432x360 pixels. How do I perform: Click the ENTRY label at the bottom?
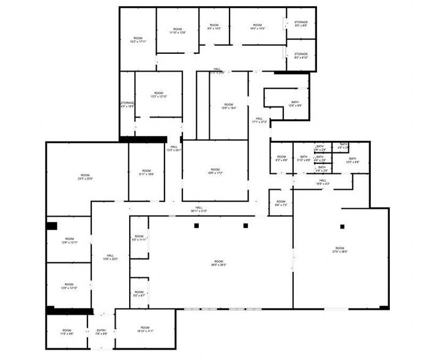[102, 332]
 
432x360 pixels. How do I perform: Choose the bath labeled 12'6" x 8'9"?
[295, 103]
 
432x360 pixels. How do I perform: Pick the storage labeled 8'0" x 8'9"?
[301, 24]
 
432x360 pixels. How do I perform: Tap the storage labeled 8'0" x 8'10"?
[301, 56]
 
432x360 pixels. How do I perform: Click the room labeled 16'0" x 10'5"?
[258, 27]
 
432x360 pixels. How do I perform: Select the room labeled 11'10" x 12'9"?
[177, 31]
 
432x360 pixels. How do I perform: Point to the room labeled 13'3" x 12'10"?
[158, 94]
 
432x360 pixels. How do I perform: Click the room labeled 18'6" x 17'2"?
[215, 171]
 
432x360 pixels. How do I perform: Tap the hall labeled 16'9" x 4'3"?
[322, 182]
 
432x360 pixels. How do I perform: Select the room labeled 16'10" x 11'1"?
[145, 329]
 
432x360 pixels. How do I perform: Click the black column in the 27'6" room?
[342, 227]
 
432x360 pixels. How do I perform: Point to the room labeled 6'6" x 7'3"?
[280, 203]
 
